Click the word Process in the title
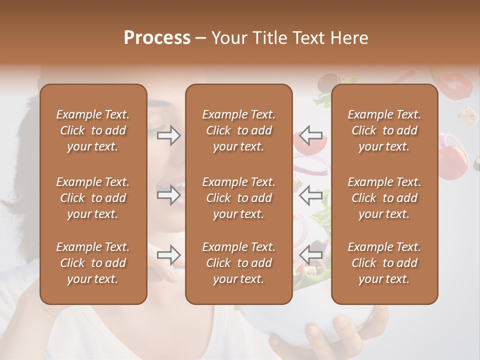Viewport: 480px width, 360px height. point(157,38)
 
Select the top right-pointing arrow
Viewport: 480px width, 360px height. point(168,135)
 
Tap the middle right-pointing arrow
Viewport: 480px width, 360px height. point(168,194)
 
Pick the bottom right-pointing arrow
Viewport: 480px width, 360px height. point(168,255)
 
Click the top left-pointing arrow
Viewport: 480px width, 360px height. point(311,135)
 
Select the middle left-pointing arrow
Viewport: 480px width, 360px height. point(311,194)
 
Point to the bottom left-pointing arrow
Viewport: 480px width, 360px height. point(311,255)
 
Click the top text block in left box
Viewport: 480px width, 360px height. point(93,130)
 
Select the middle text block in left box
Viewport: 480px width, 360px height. point(93,198)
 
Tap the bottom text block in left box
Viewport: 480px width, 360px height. point(93,263)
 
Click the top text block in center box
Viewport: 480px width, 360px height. point(238,130)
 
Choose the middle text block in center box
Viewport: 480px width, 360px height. point(238,198)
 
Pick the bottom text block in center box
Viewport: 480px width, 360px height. point(238,263)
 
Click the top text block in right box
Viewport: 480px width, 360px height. point(384,130)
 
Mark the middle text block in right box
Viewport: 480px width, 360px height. point(384,198)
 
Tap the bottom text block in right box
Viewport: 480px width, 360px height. point(384,263)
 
